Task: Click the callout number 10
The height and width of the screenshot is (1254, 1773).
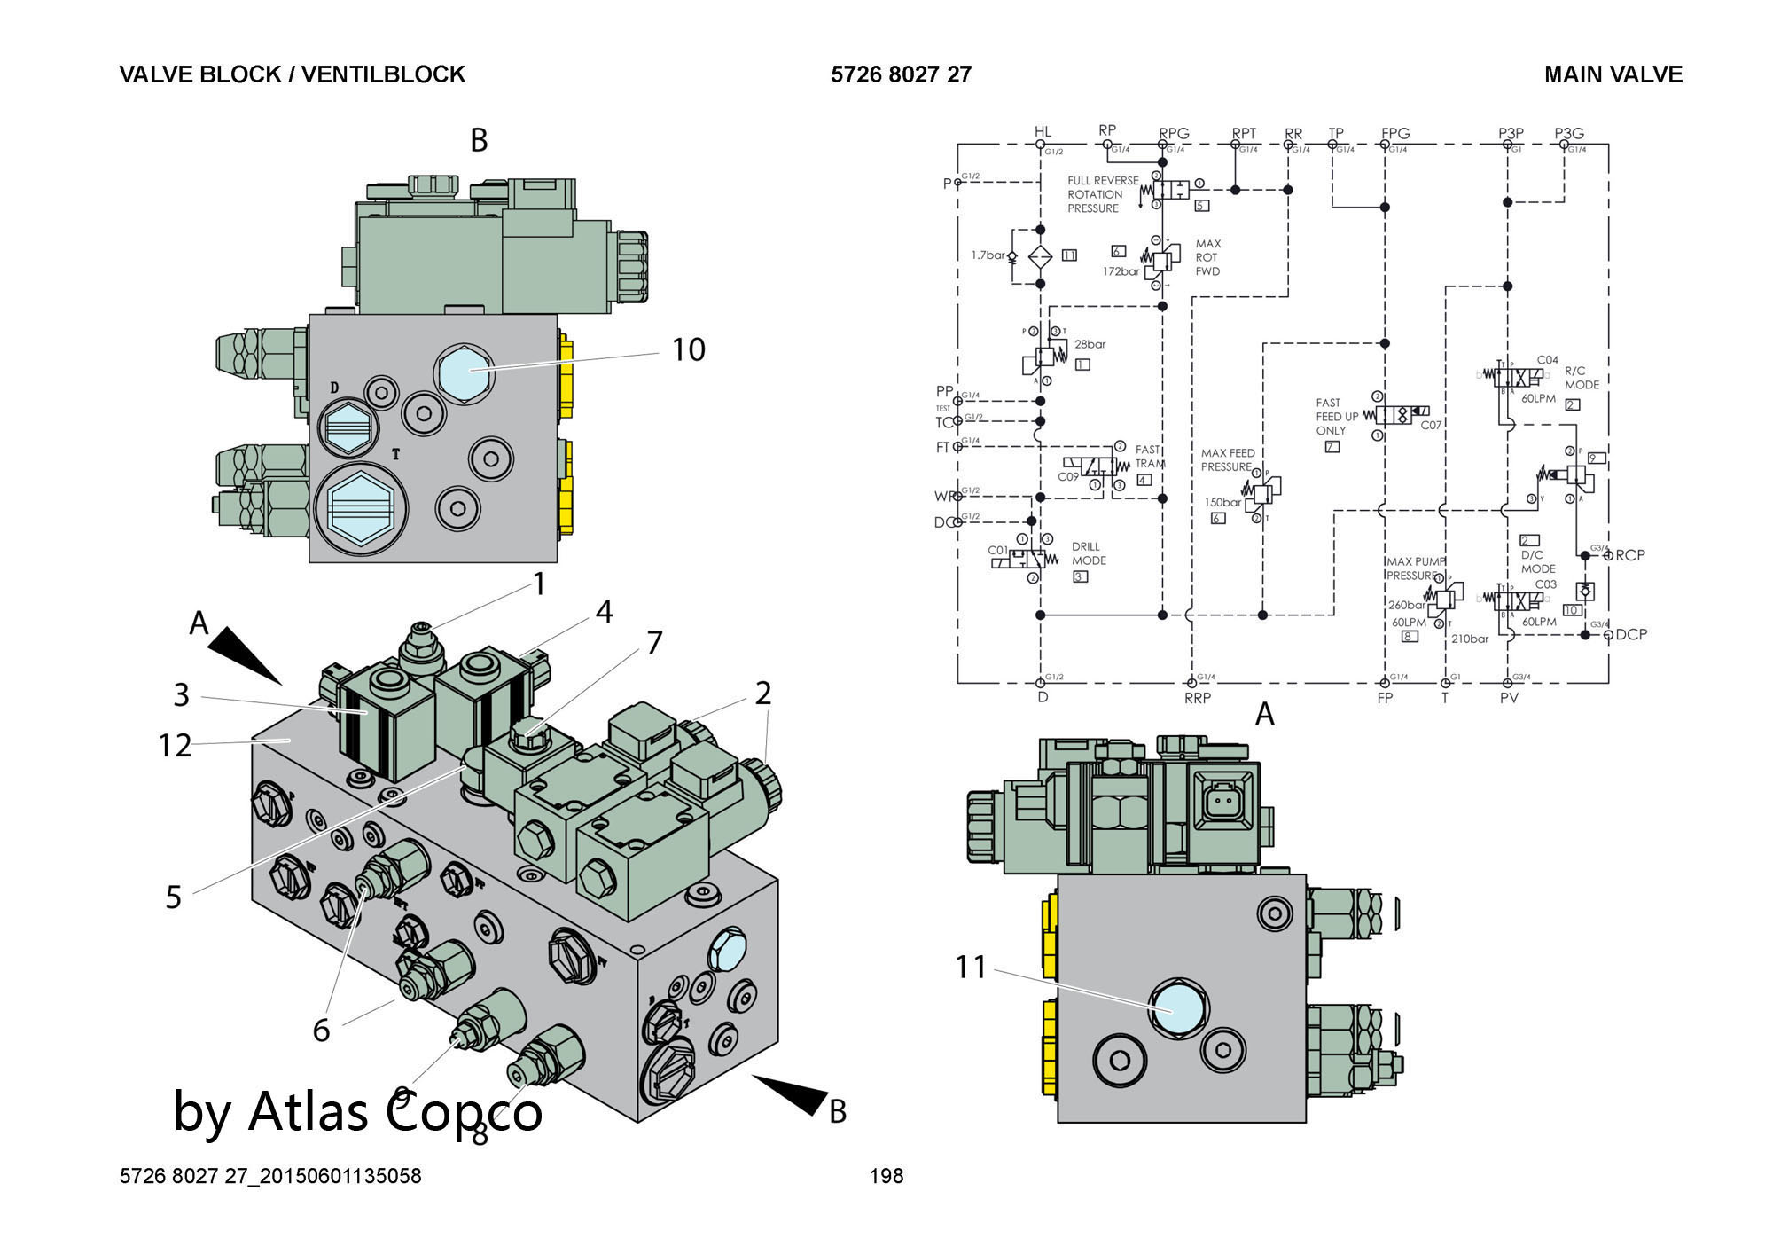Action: tap(688, 349)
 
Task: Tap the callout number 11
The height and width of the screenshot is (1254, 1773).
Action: tap(971, 967)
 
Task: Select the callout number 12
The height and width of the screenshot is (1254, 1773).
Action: tap(175, 746)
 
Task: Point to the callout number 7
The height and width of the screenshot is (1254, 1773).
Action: tap(654, 642)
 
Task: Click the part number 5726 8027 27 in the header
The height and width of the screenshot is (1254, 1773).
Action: tap(901, 74)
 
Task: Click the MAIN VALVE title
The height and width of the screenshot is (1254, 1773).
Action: tap(1613, 74)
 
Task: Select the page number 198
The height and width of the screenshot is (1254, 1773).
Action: tap(886, 1176)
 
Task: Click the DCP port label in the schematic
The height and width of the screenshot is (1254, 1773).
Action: tap(1630, 634)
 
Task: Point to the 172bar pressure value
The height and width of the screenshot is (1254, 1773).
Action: tap(1121, 271)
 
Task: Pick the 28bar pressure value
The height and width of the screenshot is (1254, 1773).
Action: tap(1090, 344)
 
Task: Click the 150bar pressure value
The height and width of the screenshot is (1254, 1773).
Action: tap(1222, 502)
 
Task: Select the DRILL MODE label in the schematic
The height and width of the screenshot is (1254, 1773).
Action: tap(1089, 553)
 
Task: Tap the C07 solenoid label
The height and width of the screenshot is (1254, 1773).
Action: tap(1431, 425)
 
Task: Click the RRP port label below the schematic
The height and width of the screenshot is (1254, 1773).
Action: tap(1197, 698)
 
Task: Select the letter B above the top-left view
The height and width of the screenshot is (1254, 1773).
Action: tap(479, 140)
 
